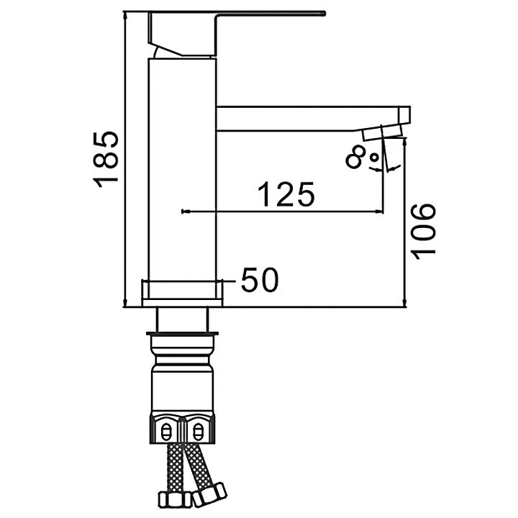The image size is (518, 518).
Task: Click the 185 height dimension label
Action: [x=105, y=160]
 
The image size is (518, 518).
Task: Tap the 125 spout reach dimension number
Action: [x=286, y=194]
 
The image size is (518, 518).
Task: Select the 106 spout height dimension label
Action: [x=423, y=232]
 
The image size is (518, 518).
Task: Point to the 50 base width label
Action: [x=260, y=280]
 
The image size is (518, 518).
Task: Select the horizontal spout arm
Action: [x=313, y=119]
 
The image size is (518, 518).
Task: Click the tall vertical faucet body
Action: [x=182, y=169]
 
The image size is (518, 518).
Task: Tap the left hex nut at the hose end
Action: [x=174, y=500]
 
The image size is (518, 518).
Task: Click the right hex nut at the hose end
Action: [x=210, y=494]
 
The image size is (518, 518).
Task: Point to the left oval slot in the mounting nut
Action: [x=166, y=431]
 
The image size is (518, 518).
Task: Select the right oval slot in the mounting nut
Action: [x=197, y=431]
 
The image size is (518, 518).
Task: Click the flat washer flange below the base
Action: [x=182, y=334]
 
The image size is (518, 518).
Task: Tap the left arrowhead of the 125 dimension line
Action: [x=186, y=211]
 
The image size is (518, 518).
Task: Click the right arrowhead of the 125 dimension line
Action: [x=379, y=211]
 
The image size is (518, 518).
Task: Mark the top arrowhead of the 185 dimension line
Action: [x=124, y=16]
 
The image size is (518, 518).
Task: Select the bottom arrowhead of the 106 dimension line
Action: [x=405, y=302]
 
